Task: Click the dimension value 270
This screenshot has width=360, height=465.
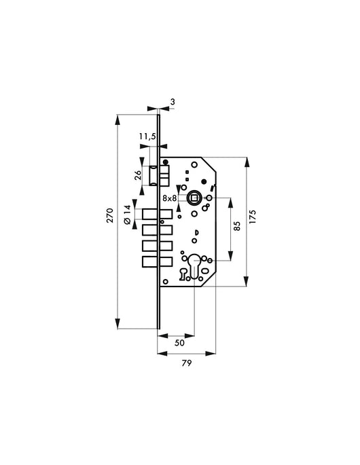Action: click(109, 217)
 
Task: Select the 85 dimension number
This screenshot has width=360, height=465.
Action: click(237, 226)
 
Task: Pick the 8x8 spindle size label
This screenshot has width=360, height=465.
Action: click(170, 198)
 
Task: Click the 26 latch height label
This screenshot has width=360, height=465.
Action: click(138, 174)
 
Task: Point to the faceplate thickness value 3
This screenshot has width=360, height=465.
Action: click(173, 102)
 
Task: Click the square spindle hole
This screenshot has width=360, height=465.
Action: click(194, 198)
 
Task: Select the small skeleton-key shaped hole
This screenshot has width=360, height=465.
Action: click(183, 274)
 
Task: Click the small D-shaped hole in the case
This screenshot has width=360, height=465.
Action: click(196, 234)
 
